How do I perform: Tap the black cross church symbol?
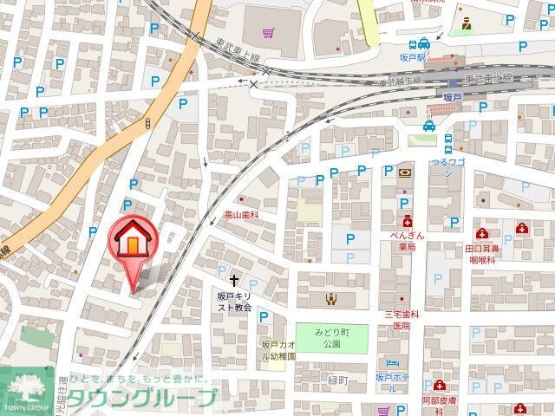pyautogui.click(x=234, y=280)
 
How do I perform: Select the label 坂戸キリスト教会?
pyautogui.click(x=234, y=302)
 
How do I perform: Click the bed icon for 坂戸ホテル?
pyautogui.click(x=392, y=363)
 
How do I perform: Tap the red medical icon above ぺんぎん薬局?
pyautogui.click(x=404, y=220)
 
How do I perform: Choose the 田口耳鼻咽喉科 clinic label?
pyautogui.click(x=484, y=252)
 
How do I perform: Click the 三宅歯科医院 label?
pyautogui.click(x=402, y=320)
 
